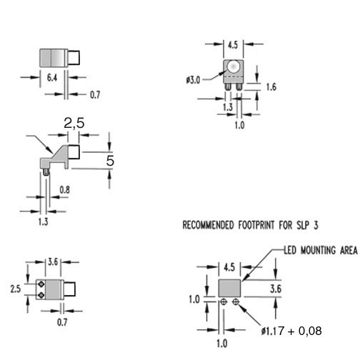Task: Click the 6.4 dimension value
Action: tap(52, 78)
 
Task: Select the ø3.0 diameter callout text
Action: tap(194, 80)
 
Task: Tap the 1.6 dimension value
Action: tap(271, 87)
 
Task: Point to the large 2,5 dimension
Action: tap(74, 124)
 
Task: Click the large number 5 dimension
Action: tap(110, 161)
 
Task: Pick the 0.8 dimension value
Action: tap(64, 190)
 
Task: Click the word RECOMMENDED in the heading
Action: tap(208, 225)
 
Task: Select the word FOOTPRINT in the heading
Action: tap(256, 225)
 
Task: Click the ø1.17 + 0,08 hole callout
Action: tap(291, 331)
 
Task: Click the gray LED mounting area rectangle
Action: tap(229, 288)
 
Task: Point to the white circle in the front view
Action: tap(233, 66)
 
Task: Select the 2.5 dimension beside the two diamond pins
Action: tap(16, 289)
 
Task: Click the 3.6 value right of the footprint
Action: tap(276, 289)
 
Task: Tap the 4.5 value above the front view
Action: tap(233, 45)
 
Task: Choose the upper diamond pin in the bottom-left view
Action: tap(41, 284)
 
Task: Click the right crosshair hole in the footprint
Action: tap(236, 302)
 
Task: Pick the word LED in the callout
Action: tap(290, 251)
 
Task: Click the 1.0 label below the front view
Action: tap(239, 125)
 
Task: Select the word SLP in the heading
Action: tap(302, 225)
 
